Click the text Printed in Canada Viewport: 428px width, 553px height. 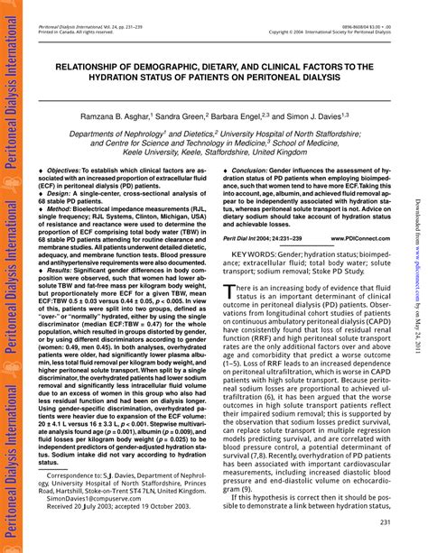coord(57,33)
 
